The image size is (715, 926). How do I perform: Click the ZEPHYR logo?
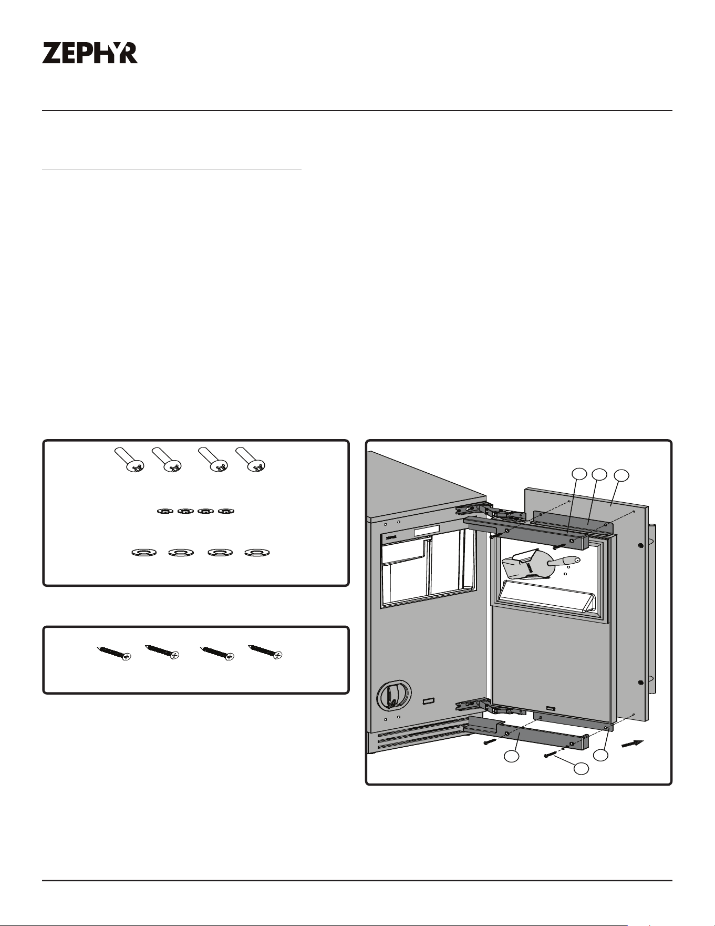click(x=90, y=53)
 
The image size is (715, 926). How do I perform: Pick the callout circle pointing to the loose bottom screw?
click(x=581, y=768)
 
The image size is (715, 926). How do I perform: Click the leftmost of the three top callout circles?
click(x=579, y=474)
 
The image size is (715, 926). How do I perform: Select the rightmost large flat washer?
click(x=257, y=553)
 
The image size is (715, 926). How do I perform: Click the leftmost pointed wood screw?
click(x=113, y=652)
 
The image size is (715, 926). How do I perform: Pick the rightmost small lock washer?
click(x=226, y=511)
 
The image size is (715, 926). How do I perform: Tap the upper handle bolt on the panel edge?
click(x=639, y=546)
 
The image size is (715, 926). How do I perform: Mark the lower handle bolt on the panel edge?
click(x=640, y=683)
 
